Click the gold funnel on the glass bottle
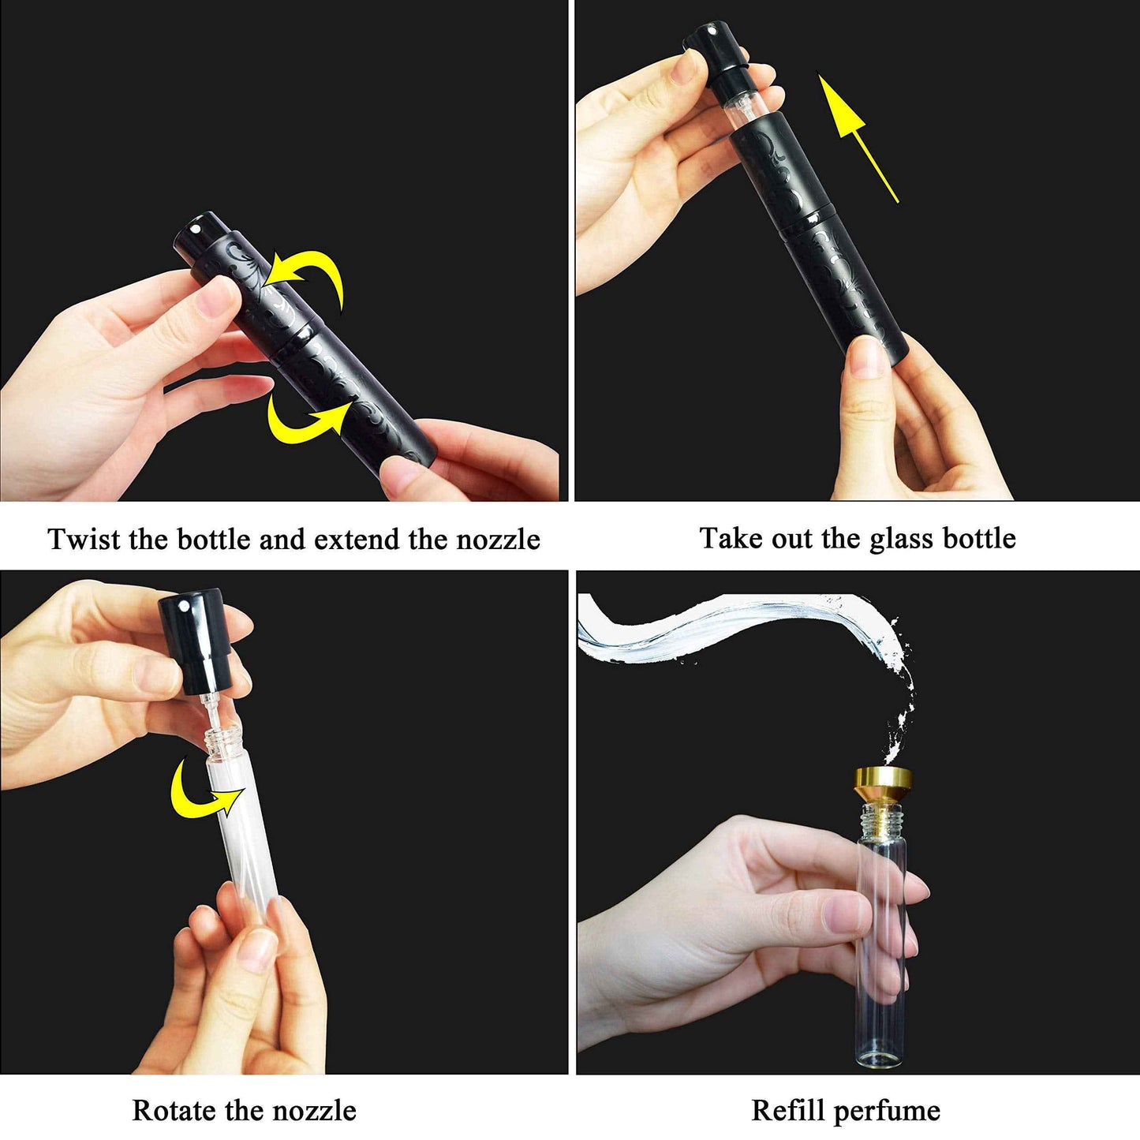tap(879, 784)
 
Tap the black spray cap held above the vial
tap(193, 642)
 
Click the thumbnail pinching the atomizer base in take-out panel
tap(866, 359)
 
